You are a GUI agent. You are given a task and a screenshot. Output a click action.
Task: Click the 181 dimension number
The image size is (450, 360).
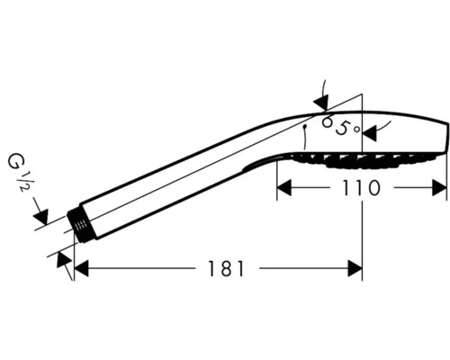pyautogui.click(x=227, y=268)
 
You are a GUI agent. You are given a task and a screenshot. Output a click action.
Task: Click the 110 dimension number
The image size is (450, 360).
pyautogui.click(x=361, y=188)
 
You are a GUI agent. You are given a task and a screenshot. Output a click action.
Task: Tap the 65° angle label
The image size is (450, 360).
pyautogui.click(x=340, y=126)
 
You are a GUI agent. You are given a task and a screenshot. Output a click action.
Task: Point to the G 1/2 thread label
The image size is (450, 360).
pyautogui.click(x=19, y=173)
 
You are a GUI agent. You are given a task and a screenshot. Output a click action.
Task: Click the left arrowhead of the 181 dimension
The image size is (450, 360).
pyautogui.click(x=81, y=268)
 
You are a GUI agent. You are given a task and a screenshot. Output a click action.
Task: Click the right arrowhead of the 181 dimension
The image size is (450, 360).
pyautogui.click(x=355, y=268)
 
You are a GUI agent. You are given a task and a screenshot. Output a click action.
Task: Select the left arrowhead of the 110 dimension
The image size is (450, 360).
pyautogui.click(x=283, y=188)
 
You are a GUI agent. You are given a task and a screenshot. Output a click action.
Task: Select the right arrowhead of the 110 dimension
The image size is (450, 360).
pyautogui.click(x=439, y=188)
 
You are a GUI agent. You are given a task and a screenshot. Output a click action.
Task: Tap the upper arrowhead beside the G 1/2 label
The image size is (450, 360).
pyautogui.click(x=41, y=217)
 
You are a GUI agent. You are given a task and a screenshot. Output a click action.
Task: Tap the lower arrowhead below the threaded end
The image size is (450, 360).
pyautogui.click(x=64, y=259)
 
